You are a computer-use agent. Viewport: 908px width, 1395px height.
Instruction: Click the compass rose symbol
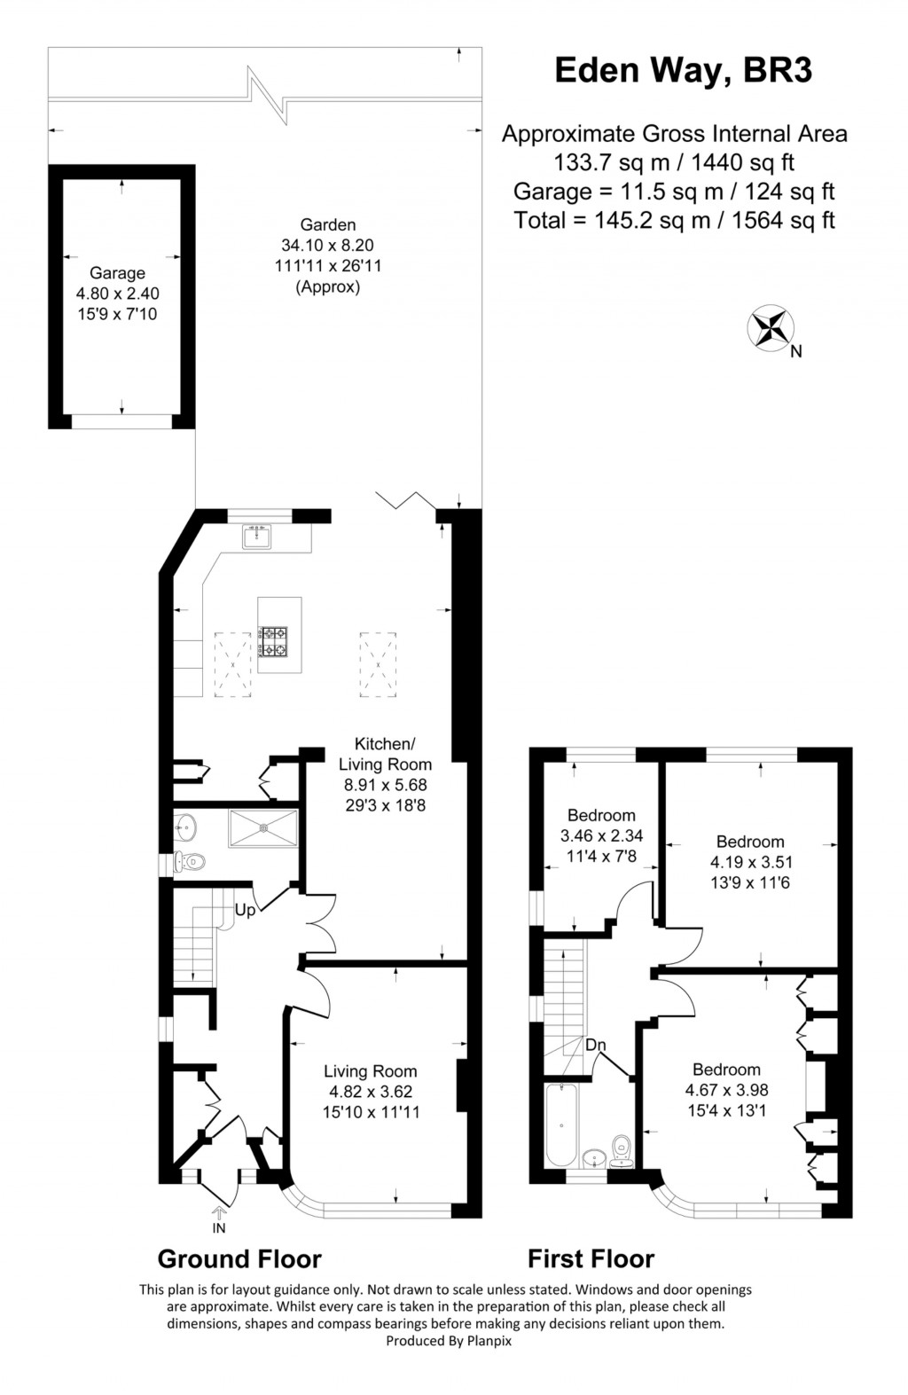point(770,327)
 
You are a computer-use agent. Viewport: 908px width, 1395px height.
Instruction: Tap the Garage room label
point(117,273)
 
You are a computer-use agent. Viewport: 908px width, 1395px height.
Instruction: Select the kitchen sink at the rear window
point(257,537)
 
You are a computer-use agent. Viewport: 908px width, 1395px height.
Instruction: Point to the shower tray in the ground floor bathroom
point(263,828)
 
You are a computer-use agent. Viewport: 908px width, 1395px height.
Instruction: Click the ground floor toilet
point(190,860)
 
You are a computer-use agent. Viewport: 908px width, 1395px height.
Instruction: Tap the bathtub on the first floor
point(561,1125)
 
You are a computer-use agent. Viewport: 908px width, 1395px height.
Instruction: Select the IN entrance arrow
point(219,1219)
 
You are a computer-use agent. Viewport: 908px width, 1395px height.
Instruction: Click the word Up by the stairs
point(245,910)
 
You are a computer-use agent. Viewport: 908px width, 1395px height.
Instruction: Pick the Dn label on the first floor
point(596,1045)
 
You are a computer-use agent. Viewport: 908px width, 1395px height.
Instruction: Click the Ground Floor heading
point(239,1258)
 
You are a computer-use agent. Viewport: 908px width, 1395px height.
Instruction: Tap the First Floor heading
point(591,1258)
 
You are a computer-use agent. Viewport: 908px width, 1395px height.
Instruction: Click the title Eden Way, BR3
point(683,70)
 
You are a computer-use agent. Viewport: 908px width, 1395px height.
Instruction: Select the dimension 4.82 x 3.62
point(370,1092)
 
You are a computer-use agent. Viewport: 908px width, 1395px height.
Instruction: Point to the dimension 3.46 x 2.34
point(601,835)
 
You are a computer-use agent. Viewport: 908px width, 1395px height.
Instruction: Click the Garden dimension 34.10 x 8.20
point(328,245)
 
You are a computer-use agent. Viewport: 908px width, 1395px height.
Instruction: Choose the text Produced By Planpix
point(449,1341)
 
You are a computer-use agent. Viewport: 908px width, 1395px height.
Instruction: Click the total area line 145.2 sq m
point(674,220)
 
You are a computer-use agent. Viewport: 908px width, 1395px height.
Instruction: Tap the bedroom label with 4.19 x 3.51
point(750,842)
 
